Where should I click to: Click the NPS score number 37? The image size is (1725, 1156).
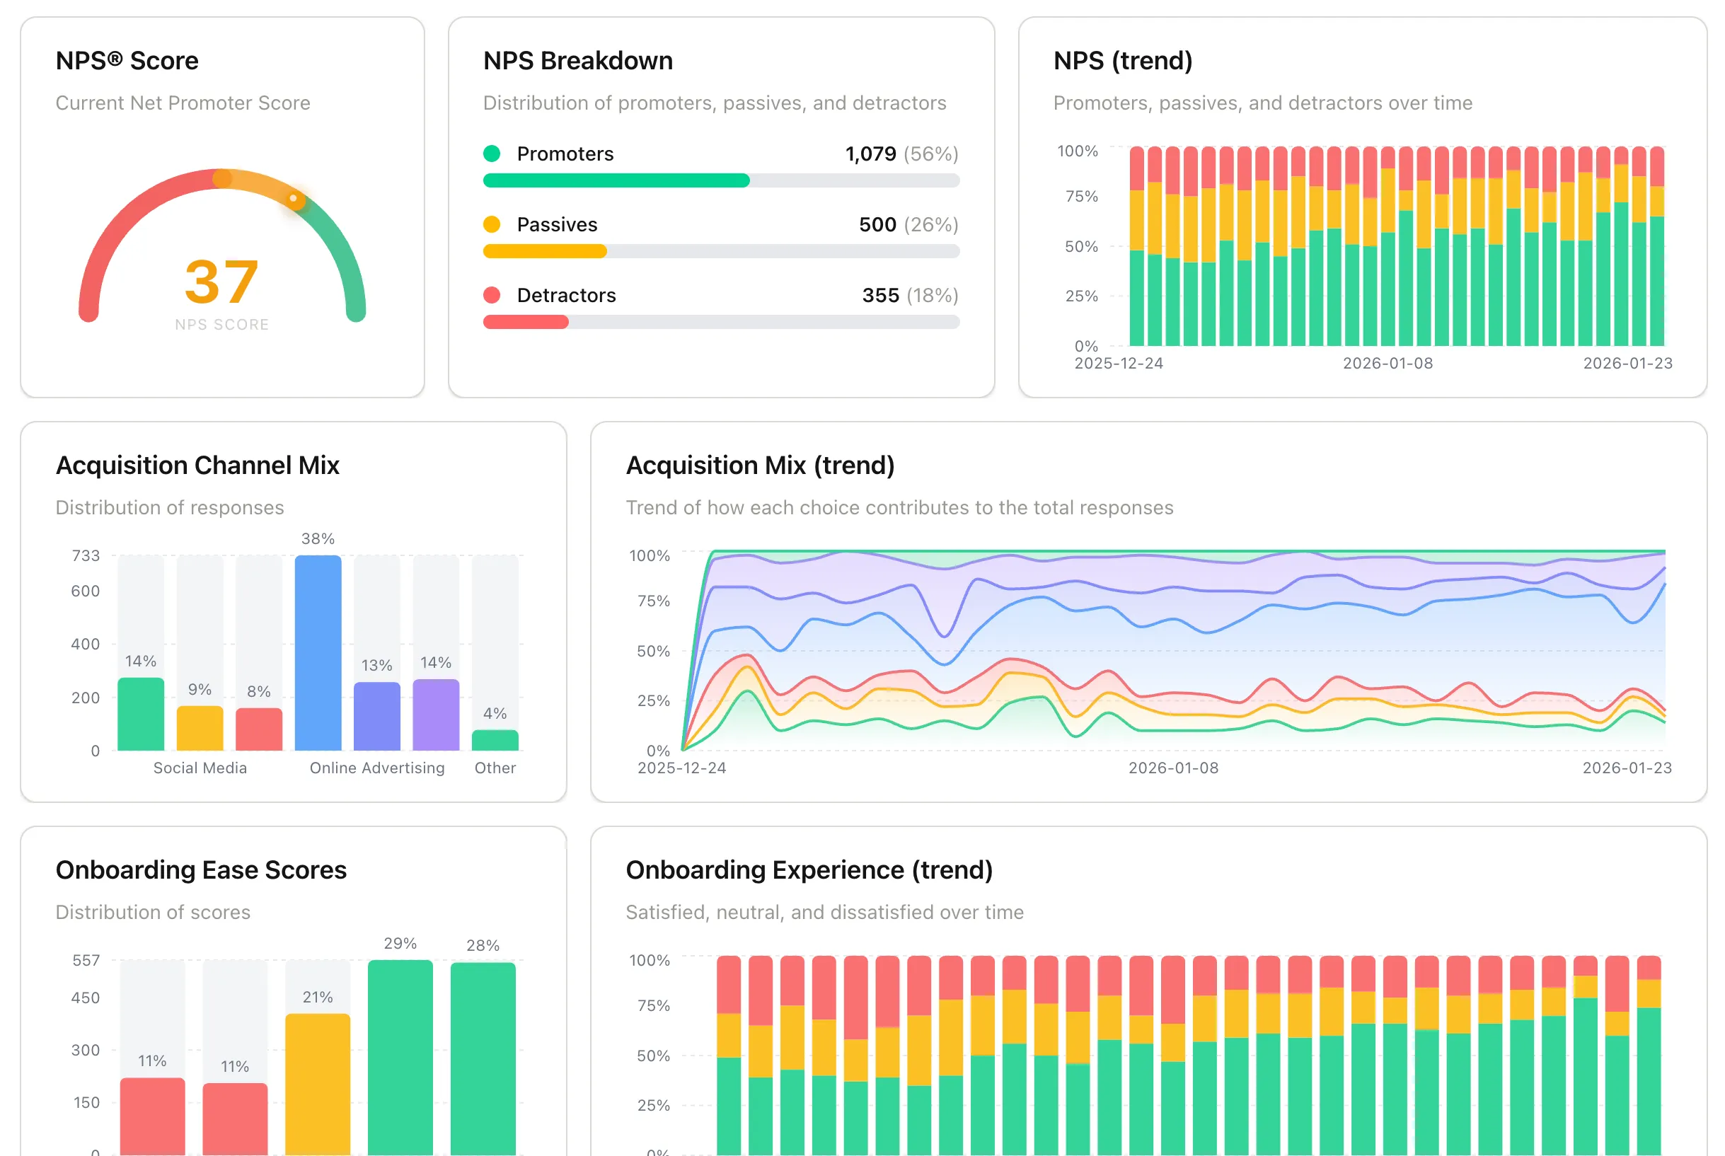[221, 282]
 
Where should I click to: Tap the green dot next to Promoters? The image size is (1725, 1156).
[492, 154]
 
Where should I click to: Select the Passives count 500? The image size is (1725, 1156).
[877, 224]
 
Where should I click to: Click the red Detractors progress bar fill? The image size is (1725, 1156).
[526, 321]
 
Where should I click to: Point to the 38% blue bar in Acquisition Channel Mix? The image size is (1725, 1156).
[318, 652]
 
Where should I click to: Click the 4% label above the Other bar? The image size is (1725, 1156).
[495, 713]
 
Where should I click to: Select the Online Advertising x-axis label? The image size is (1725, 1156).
[376, 768]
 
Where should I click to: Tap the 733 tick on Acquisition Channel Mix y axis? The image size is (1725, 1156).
[86, 555]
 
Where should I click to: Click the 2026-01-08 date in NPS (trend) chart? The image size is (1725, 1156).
[1387, 363]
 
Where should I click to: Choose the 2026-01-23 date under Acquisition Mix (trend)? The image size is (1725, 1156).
[1626, 768]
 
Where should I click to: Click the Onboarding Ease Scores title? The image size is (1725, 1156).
[200, 870]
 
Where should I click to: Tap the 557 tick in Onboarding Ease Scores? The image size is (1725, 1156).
[86, 960]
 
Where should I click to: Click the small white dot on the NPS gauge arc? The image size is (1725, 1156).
[294, 198]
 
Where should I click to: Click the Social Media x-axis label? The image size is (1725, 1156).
[200, 768]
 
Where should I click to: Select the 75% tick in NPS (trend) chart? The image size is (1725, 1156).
[1080, 196]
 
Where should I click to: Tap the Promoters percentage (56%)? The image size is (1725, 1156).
[931, 154]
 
